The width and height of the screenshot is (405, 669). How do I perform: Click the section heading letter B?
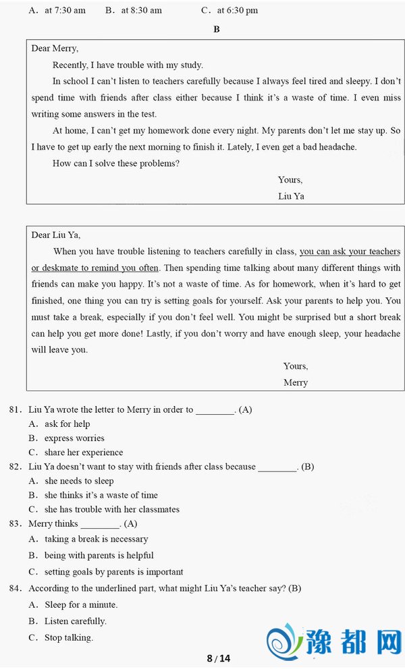point(217,29)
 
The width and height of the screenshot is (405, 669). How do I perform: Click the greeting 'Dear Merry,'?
point(55,49)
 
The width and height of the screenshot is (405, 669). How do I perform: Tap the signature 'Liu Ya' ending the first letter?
point(291,196)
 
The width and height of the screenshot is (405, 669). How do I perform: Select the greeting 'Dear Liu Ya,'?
point(55,235)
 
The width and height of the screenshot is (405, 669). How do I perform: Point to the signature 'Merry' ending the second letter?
point(296,382)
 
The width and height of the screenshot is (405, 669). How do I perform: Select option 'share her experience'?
point(84,452)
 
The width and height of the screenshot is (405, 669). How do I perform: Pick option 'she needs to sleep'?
point(79,481)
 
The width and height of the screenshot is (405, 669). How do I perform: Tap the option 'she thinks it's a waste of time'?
point(101,495)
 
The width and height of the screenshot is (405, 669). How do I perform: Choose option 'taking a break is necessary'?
point(96,539)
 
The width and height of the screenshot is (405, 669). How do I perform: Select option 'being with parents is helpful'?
point(99,555)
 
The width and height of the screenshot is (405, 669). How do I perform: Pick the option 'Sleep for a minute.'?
point(81,604)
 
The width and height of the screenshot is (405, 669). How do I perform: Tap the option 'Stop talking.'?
point(69,637)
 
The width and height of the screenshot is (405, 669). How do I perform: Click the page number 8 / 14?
point(218,658)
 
